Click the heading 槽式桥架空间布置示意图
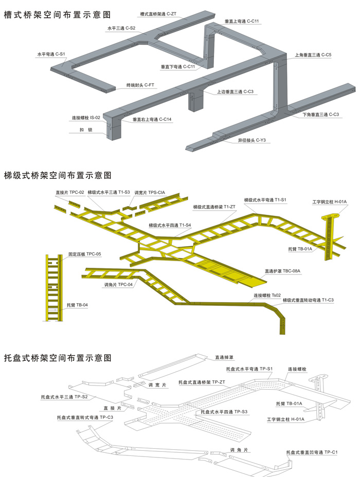tap(58, 15)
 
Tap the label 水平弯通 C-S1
tap(50, 53)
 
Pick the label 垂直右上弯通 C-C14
tap(152, 119)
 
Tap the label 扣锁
tap(86, 131)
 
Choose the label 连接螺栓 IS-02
tap(85, 118)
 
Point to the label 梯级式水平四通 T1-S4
tap(170, 225)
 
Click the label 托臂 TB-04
tap(77, 305)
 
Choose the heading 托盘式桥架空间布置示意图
tap(58, 357)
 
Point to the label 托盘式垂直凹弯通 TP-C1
tap(312, 452)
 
